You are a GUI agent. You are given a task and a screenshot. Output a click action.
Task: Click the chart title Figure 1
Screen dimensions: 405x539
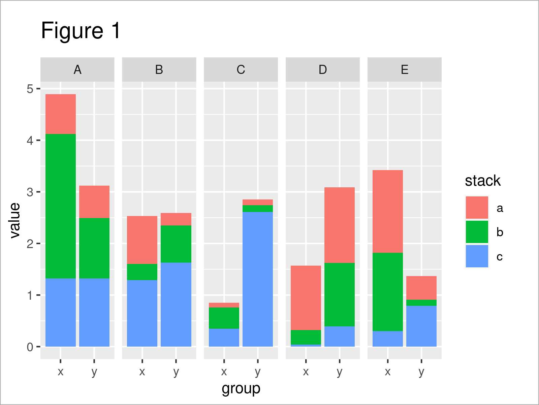pyautogui.click(x=81, y=31)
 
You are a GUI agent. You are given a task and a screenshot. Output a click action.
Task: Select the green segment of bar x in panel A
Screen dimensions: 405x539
pyautogui.click(x=61, y=206)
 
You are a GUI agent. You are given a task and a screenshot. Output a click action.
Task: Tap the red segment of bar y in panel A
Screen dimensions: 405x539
pyautogui.click(x=94, y=202)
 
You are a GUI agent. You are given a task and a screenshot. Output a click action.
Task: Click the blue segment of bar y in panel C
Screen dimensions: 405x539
pyautogui.click(x=258, y=279)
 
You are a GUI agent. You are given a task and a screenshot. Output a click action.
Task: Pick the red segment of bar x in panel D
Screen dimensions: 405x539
pyautogui.click(x=306, y=298)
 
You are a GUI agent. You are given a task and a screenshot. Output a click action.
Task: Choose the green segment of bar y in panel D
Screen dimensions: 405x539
pyautogui.click(x=340, y=294)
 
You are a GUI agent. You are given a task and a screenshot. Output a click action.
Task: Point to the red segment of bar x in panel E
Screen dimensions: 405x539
pyautogui.click(x=388, y=211)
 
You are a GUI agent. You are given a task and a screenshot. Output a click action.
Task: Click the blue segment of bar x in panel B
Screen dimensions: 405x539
pyautogui.click(x=142, y=313)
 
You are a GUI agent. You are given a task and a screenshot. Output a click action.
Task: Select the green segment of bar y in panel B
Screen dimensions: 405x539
pyautogui.click(x=176, y=244)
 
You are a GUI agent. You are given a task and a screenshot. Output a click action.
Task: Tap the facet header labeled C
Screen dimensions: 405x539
pyautogui.click(x=241, y=70)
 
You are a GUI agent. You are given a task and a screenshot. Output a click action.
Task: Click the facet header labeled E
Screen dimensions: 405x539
pyautogui.click(x=405, y=70)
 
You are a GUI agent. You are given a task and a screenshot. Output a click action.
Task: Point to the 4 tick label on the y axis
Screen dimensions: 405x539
pyautogui.click(x=30, y=140)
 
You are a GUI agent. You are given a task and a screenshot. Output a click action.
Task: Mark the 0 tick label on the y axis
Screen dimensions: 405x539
pyautogui.click(x=30, y=347)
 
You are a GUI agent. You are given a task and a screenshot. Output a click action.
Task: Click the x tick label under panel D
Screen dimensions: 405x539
pyautogui.click(x=306, y=372)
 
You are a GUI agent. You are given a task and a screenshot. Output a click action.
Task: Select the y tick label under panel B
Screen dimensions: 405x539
pyautogui.click(x=176, y=372)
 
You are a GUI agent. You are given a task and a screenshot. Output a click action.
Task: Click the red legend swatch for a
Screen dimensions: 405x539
pyautogui.click(x=477, y=208)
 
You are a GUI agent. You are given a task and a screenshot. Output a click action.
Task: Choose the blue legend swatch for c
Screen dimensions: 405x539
pyautogui.click(x=477, y=256)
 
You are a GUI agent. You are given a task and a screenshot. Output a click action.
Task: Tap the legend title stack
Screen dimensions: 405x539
pyautogui.click(x=483, y=181)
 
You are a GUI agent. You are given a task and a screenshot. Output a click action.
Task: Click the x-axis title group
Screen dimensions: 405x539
pyautogui.click(x=241, y=389)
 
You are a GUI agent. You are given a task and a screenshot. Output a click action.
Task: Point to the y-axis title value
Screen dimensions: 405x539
pyautogui.click(x=15, y=220)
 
